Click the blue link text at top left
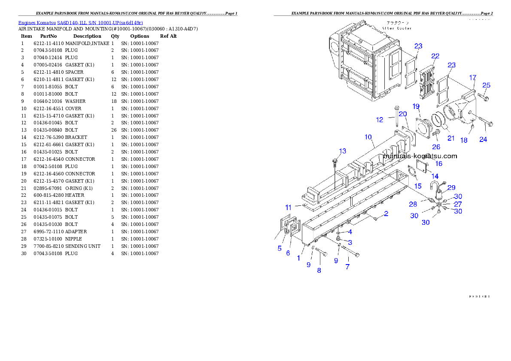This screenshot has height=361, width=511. pyautogui.click(x=80, y=22)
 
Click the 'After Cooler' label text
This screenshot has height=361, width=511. pyautogui.click(x=397, y=28)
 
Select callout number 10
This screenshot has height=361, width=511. pyautogui.click(x=368, y=137)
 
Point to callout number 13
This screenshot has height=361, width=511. pyautogui.click(x=342, y=151)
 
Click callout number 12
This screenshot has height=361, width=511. pyautogui.click(x=379, y=120)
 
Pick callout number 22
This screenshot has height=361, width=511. pyautogui.click(x=435, y=56)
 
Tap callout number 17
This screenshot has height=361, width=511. pyautogui.click(x=472, y=78)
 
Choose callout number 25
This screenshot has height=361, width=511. pyautogui.click(x=486, y=85)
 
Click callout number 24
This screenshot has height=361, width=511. pyautogui.click(x=483, y=139)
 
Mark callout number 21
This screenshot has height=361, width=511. pyautogui.click(x=451, y=138)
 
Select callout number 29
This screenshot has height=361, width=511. pyautogui.click(x=451, y=187)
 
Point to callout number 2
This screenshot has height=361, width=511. pyautogui.click(x=386, y=214)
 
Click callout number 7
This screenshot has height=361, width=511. pyautogui.click(x=347, y=267)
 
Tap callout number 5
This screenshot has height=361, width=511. pyautogui.click(x=280, y=248)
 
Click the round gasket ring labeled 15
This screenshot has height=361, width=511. pyautogui.click(x=411, y=172)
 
